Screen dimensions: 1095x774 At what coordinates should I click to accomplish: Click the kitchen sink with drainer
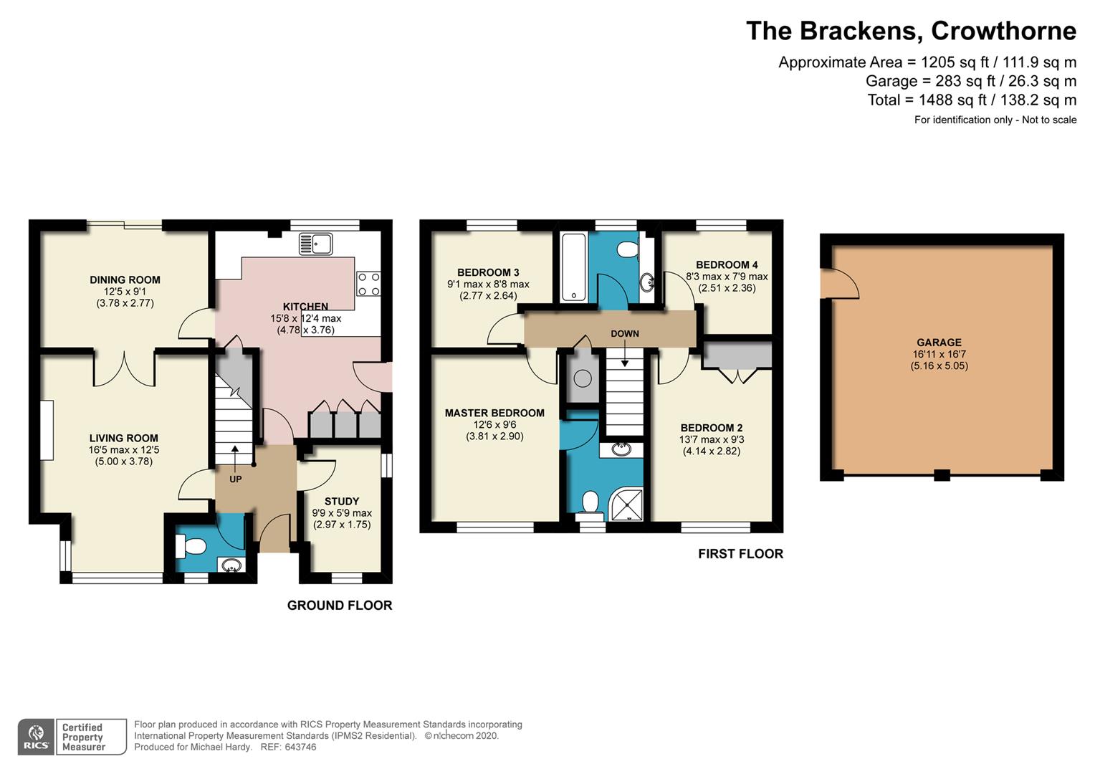pos(315,244)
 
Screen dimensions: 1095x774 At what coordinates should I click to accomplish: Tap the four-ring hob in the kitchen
pos(368,284)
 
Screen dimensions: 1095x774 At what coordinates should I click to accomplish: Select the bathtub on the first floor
pos(573,267)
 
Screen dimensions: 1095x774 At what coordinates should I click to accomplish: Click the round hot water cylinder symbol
pos(583,378)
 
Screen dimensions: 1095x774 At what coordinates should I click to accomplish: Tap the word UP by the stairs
pos(236,479)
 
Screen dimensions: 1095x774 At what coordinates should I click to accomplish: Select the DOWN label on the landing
pos(625,333)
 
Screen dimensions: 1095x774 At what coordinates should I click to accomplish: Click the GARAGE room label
pos(939,343)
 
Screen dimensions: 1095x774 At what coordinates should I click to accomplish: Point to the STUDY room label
pos(342,501)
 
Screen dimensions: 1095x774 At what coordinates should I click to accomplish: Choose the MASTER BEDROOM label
pos(494,413)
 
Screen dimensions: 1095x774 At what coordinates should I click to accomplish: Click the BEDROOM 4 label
pos(727,264)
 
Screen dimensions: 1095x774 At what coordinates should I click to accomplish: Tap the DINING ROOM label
pos(125,279)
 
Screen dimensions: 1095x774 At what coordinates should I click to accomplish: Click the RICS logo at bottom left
pos(36,736)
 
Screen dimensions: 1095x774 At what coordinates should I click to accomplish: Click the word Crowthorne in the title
pos(1003,32)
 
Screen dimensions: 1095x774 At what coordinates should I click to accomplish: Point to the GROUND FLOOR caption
pos(340,606)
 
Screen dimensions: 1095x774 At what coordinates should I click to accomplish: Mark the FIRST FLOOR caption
pos(740,553)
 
